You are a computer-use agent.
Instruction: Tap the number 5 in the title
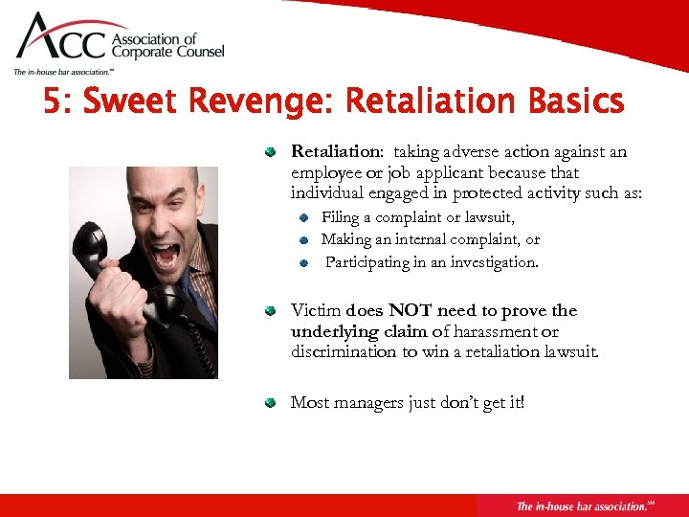point(55,101)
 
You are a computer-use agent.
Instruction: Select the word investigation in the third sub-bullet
point(491,261)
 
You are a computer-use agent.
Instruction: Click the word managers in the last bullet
point(365,402)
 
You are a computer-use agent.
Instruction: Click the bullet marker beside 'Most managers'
point(273,402)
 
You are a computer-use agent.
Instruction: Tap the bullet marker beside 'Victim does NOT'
point(273,311)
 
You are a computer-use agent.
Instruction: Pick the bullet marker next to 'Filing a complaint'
point(302,219)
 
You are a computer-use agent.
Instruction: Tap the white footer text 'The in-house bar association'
point(580,506)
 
